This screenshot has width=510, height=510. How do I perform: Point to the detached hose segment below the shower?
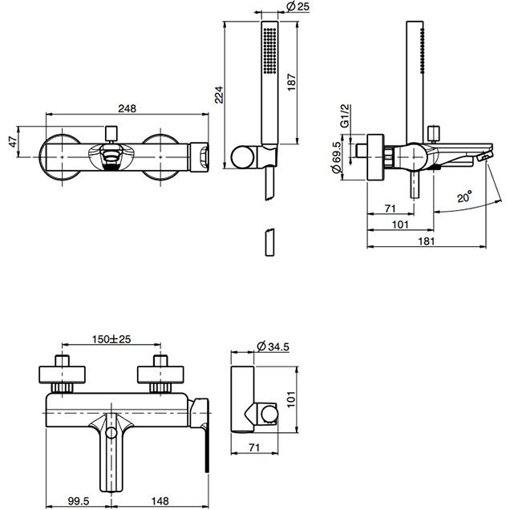pyautogui.click(x=268, y=241)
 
